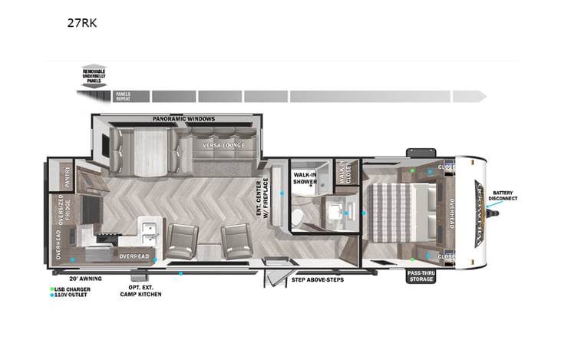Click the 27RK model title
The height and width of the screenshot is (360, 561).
81,22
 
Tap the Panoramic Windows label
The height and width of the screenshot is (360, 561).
183,119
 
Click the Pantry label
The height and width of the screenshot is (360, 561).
68,177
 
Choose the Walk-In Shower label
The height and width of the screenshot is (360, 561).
305,178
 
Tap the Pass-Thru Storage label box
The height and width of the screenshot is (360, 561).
421,276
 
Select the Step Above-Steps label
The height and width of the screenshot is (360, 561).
318,279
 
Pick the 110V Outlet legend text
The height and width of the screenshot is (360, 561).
71,295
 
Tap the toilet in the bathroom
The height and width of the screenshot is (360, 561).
298,217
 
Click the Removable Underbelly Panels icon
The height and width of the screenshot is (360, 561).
94,75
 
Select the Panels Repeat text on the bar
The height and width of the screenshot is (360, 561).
123,97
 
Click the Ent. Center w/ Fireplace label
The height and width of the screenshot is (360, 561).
263,199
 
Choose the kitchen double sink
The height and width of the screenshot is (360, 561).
149,226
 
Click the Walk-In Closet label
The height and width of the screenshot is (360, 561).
345,173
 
